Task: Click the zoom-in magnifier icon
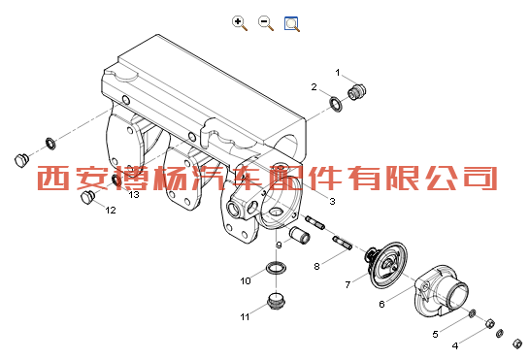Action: [240, 23]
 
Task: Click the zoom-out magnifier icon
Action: [266, 23]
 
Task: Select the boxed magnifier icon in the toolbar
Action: [292, 23]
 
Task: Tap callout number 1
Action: [338, 73]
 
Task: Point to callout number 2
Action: [314, 87]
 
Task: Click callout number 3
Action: [332, 202]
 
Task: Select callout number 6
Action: [381, 305]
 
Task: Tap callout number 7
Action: [347, 284]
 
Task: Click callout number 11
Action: [245, 316]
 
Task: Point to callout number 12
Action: [111, 211]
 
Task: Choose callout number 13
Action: [134, 195]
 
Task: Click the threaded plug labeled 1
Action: [356, 91]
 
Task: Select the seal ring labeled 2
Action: [337, 104]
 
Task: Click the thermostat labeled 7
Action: [387, 264]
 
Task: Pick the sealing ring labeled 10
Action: [277, 269]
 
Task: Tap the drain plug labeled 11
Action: [277, 301]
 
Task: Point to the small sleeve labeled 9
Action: [300, 235]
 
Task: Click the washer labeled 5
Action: [472, 313]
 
